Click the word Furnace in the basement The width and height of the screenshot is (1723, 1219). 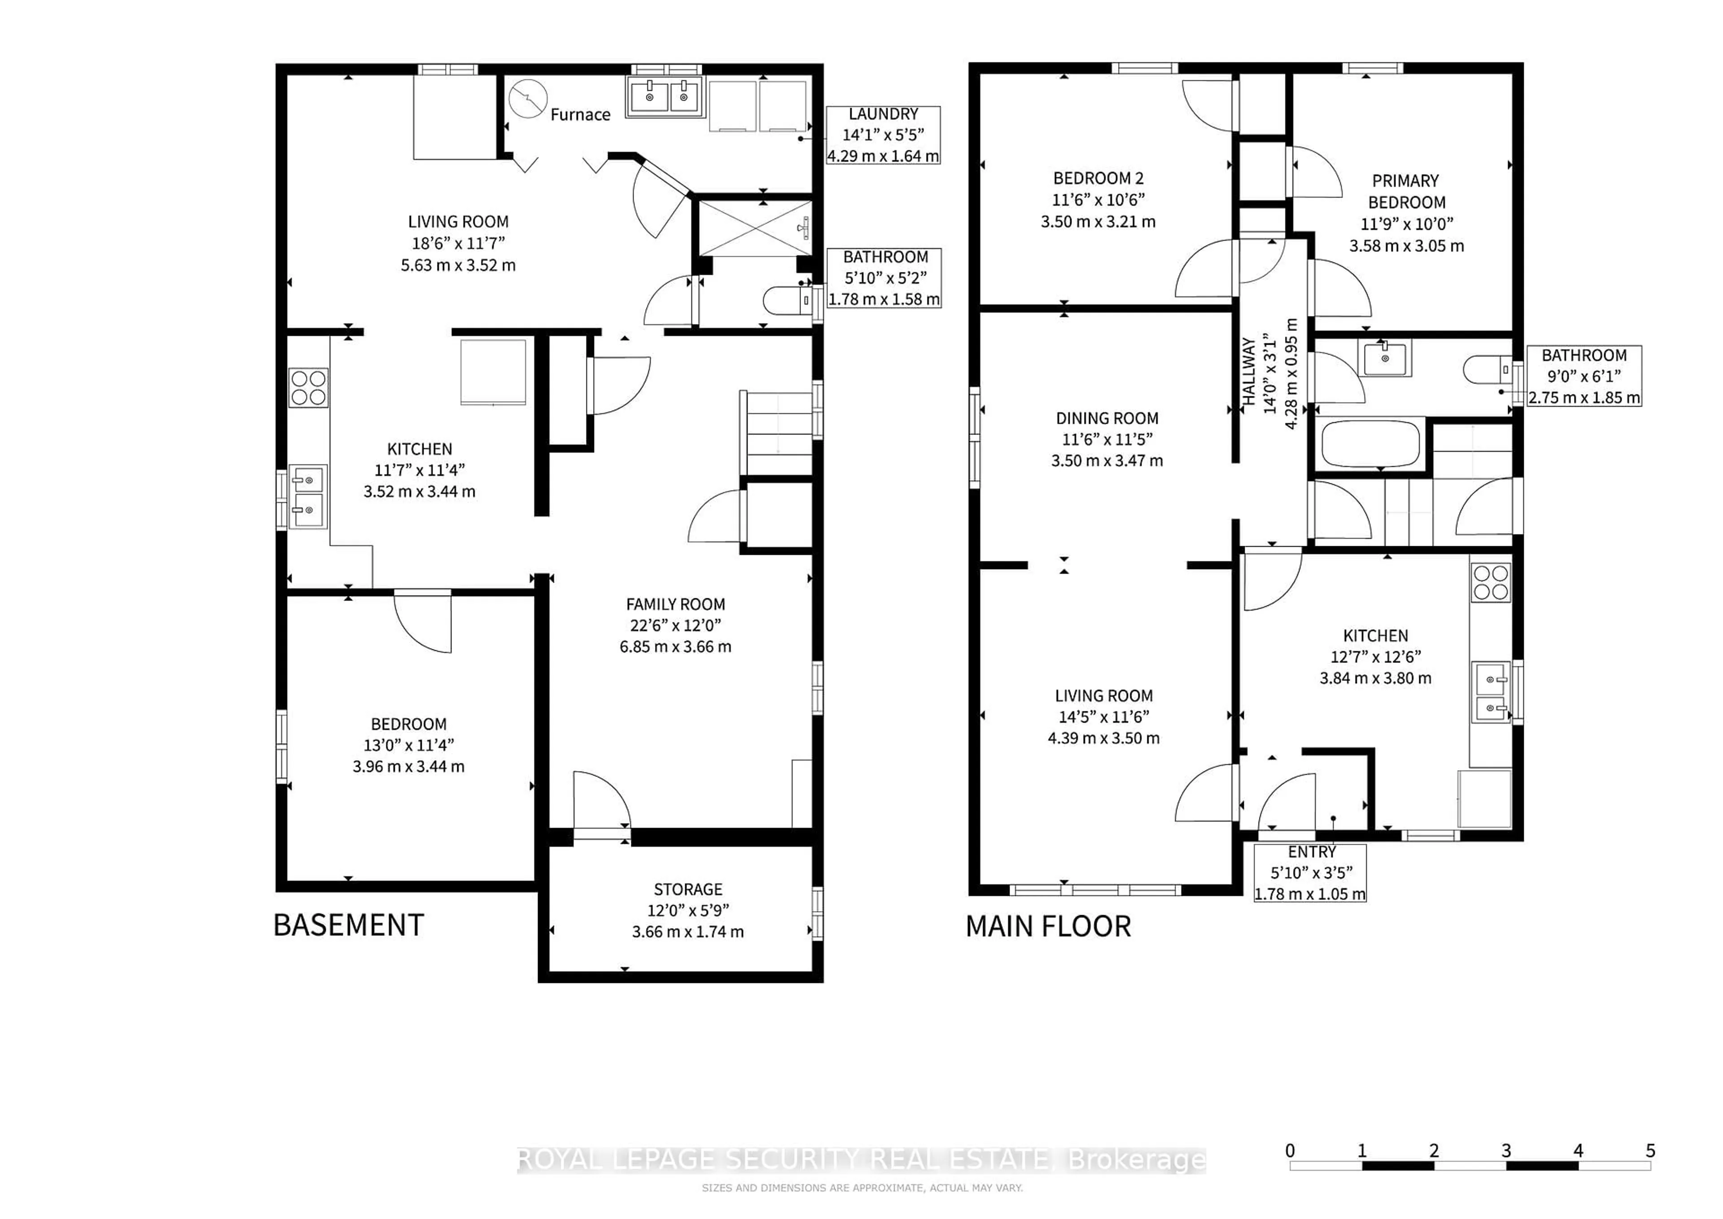coord(580,115)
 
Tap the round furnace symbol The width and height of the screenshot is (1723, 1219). coord(528,98)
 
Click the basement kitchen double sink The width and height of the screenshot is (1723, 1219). coord(308,497)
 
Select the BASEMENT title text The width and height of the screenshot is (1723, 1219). coord(349,925)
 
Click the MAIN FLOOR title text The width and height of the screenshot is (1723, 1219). coord(1048,927)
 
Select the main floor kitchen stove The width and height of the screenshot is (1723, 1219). coord(1491,583)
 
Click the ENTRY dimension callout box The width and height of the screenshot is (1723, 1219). coord(1310,873)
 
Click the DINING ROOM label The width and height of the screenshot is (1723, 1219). coord(1107,418)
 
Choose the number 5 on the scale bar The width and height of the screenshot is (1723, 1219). coord(1650,1151)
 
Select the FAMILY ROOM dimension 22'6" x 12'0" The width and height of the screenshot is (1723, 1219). coord(675,625)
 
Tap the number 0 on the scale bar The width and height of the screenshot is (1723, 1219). coord(1290,1151)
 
